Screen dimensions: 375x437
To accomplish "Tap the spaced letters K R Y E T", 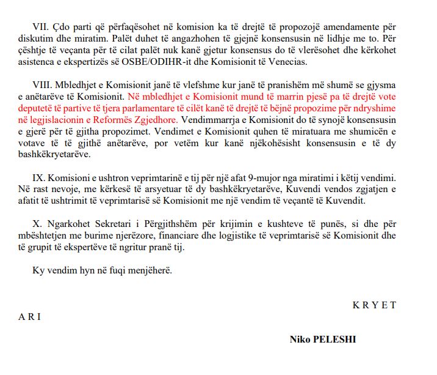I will [374, 305].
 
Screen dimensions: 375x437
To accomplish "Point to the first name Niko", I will [300, 338].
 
